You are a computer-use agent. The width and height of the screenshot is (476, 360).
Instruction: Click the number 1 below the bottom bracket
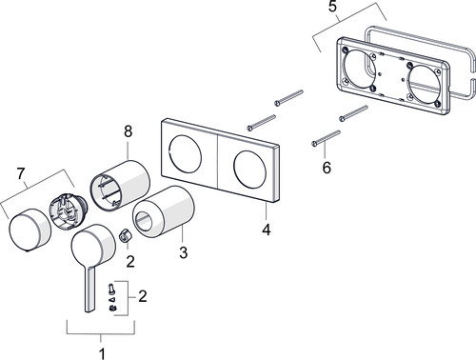[102, 353]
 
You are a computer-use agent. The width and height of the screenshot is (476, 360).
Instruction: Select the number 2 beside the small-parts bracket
[143, 296]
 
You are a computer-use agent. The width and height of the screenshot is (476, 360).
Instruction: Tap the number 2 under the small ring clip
[130, 262]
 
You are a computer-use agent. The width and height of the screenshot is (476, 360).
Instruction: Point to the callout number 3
[183, 252]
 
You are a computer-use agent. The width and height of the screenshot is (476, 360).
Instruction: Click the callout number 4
[267, 230]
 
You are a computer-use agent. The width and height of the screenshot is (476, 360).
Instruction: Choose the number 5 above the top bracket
[332, 7]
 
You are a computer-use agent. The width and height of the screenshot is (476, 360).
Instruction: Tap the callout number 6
[327, 168]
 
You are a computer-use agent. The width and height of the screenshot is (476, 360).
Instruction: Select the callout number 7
[21, 173]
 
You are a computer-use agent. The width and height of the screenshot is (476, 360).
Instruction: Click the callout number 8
[128, 131]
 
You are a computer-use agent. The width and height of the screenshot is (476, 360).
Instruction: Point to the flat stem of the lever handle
[89, 290]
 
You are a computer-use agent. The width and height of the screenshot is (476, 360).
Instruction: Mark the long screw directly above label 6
[327, 138]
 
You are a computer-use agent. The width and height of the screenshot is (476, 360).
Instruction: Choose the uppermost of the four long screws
[288, 98]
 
